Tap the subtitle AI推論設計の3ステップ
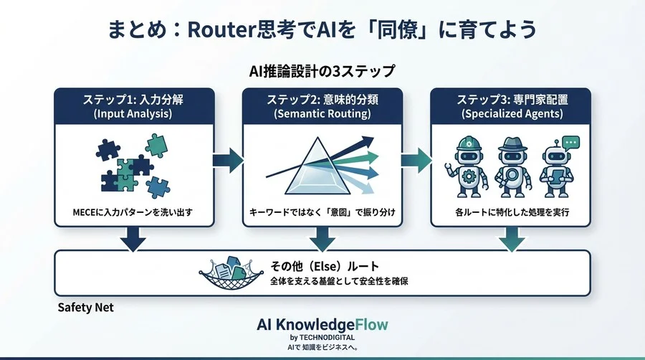coord(322,72)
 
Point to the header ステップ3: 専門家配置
coord(510,98)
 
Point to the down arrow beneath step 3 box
coord(510,240)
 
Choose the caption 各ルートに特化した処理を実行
coord(510,212)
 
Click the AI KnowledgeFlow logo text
coord(322,324)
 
